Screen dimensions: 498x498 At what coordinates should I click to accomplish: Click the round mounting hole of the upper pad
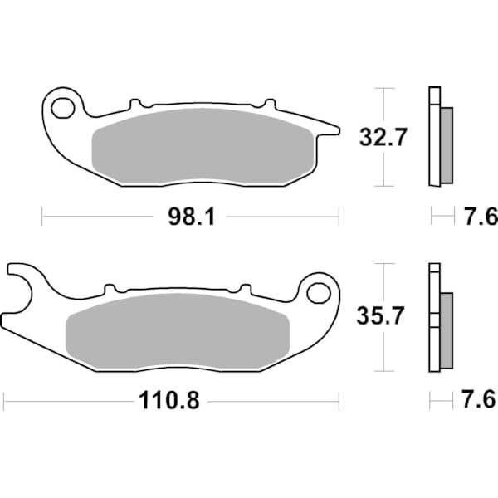point(61,107)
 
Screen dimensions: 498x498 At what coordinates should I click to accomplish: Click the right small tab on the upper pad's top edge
point(267,104)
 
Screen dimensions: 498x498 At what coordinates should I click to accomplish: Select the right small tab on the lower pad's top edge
point(243,288)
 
